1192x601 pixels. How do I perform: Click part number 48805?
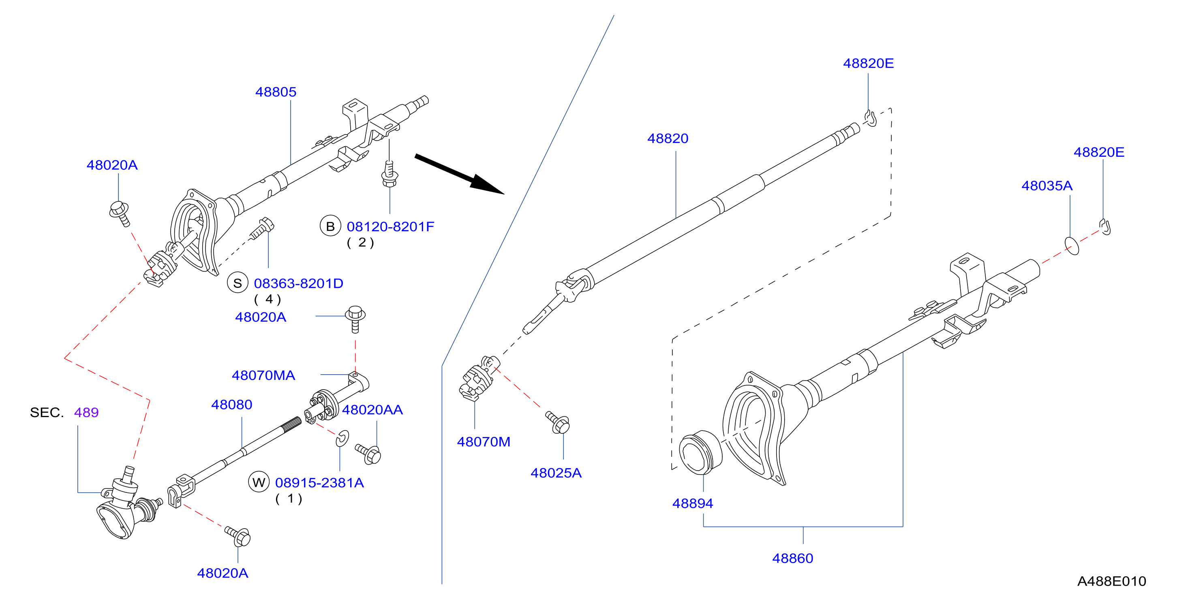click(276, 92)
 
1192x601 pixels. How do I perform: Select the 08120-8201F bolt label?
click(391, 226)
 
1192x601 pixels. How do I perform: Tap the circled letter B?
click(330, 226)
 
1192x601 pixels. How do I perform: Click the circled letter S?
click(238, 283)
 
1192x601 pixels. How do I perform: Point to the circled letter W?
click(259, 483)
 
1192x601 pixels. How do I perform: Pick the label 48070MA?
click(263, 375)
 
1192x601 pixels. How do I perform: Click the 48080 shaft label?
click(232, 405)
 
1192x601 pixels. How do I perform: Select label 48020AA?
click(372, 409)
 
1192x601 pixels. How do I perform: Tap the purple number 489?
click(86, 412)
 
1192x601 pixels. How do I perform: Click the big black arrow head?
click(486, 184)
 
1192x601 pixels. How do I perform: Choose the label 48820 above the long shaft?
click(668, 138)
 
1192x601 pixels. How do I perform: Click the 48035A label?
click(1047, 185)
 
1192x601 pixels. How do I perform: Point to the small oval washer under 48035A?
click(1072, 245)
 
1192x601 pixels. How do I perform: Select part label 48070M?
click(484, 442)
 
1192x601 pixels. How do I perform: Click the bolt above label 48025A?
click(558, 422)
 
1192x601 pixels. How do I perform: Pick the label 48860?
click(793, 558)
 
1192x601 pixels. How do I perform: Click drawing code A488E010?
click(1111, 581)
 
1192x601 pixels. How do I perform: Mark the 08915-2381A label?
click(319, 483)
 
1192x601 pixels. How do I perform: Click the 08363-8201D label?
click(298, 283)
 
